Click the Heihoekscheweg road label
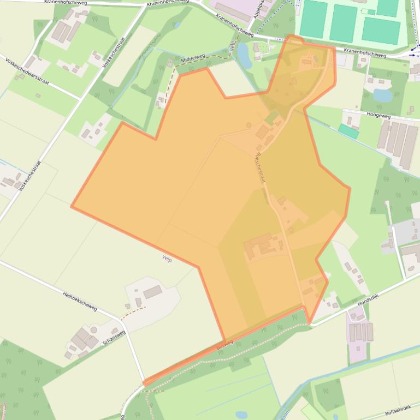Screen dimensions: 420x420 (80, 301)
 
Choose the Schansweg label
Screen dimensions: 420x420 (114, 339)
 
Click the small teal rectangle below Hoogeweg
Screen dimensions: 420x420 (348, 131)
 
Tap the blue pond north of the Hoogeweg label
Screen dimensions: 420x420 (382, 95)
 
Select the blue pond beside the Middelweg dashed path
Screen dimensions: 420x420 (244, 56)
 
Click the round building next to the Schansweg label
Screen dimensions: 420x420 (93, 329)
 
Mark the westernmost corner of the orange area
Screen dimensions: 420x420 (72, 207)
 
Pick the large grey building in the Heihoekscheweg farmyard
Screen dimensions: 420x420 (152, 291)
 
